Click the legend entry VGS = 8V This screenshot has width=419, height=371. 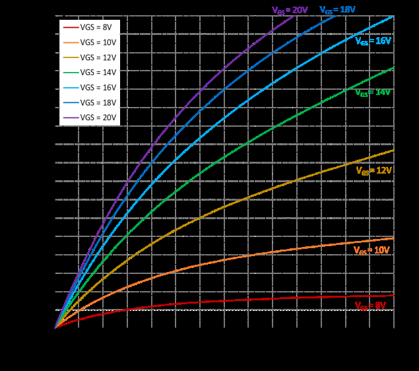click(89, 26)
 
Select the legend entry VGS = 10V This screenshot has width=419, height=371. click(89, 42)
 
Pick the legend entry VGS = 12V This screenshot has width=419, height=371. click(89, 57)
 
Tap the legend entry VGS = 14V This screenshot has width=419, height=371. click(89, 72)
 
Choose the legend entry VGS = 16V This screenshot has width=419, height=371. click(89, 87)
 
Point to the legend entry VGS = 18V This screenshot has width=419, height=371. click(89, 102)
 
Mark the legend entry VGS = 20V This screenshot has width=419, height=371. click(89, 118)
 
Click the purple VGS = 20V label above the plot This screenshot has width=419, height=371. click(290, 10)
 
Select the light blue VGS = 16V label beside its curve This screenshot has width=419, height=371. click(373, 41)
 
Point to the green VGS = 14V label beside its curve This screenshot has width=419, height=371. click(373, 93)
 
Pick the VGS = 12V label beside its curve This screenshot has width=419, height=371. click(373, 170)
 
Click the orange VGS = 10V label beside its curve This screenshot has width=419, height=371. click(371, 251)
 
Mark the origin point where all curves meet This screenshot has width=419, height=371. click(55, 327)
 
